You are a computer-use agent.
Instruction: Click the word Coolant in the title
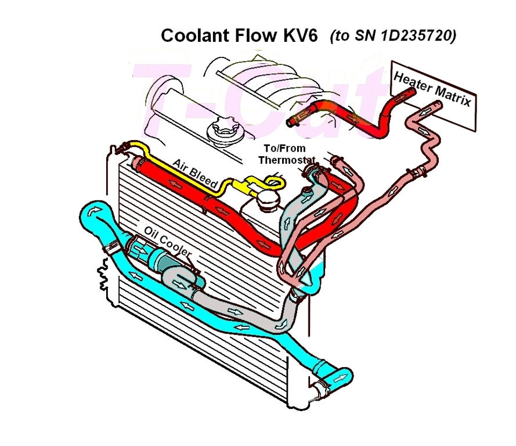193,36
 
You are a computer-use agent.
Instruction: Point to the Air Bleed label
194,174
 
